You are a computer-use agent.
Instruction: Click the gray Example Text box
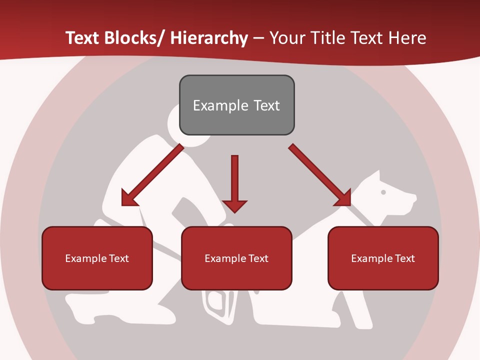(x=236, y=105)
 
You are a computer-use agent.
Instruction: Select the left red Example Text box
(x=97, y=258)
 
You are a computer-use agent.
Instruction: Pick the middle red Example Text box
(x=236, y=258)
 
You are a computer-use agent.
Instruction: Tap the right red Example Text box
(x=383, y=258)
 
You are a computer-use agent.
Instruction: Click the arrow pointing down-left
(x=152, y=175)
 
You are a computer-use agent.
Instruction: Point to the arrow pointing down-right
(x=317, y=173)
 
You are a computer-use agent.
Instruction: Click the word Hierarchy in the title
(x=209, y=38)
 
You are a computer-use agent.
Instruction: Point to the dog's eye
(x=383, y=191)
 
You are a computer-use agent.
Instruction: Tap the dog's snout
(x=410, y=198)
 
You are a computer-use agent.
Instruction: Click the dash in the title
(x=258, y=38)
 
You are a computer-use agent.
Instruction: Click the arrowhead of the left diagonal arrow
(x=128, y=198)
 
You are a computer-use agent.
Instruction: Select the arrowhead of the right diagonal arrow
(x=343, y=197)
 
